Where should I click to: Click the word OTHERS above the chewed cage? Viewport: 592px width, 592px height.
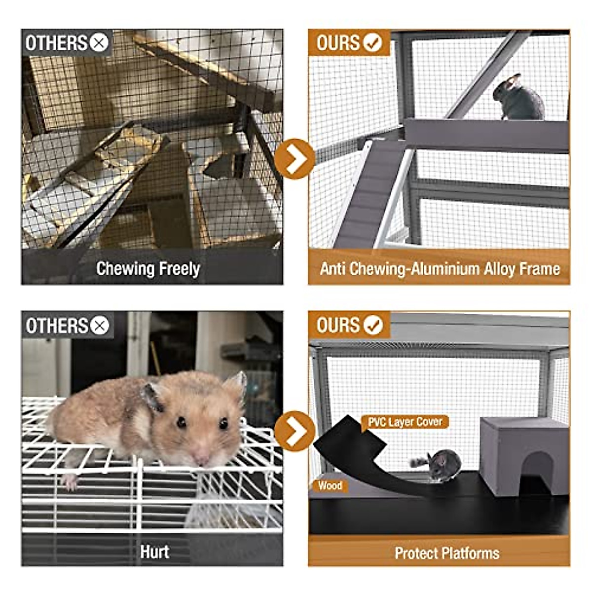click(x=56, y=43)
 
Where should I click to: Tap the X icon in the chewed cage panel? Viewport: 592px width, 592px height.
click(x=99, y=43)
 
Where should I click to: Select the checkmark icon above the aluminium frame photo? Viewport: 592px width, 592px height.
click(x=372, y=43)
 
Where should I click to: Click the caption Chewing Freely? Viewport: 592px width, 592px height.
click(x=148, y=269)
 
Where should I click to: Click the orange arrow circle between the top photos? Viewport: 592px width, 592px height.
click(x=295, y=159)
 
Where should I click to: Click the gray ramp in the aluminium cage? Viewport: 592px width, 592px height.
click(x=370, y=192)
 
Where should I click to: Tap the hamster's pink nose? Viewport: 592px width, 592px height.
click(x=202, y=459)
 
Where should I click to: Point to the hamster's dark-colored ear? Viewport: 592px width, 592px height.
click(x=153, y=398)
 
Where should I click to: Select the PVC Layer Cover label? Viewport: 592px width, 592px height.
click(x=405, y=422)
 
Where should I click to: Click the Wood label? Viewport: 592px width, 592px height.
click(x=330, y=486)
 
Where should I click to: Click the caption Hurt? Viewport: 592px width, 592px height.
click(x=154, y=552)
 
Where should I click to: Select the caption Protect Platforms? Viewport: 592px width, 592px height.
click(x=447, y=553)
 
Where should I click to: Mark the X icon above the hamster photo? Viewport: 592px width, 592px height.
click(x=100, y=326)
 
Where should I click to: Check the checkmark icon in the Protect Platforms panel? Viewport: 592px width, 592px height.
click(x=372, y=326)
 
